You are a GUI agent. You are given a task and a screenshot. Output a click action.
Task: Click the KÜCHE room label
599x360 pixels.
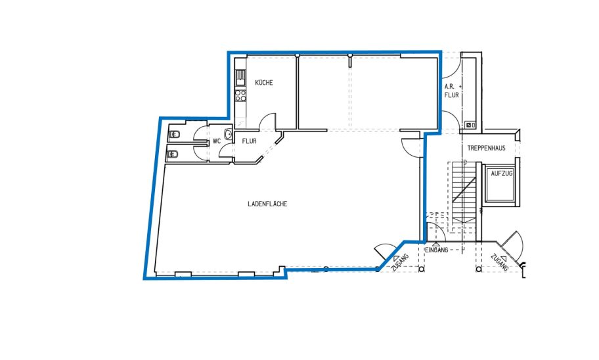pyautogui.click(x=264, y=83)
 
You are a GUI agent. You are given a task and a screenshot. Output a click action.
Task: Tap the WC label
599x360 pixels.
pyautogui.click(x=217, y=141)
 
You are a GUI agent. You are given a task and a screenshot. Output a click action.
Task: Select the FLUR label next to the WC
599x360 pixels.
pyautogui.click(x=250, y=141)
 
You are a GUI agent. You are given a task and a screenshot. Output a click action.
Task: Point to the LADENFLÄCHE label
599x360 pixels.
pyautogui.click(x=267, y=204)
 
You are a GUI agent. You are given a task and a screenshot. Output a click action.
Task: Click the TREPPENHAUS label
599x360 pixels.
pyautogui.click(x=486, y=148)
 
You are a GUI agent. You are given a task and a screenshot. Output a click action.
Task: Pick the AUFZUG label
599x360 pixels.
pyautogui.click(x=502, y=173)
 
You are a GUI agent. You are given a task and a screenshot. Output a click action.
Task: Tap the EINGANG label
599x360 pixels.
pyautogui.click(x=437, y=250)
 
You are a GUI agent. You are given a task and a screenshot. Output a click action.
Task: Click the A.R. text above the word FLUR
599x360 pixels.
pyautogui.click(x=449, y=87)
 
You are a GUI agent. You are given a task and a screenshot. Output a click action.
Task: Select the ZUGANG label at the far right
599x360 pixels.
pyautogui.click(x=500, y=263)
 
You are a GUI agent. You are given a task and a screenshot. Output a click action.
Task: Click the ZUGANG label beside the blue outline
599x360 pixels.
pyautogui.click(x=400, y=263)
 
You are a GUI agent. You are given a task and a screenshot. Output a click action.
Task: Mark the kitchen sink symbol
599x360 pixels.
pyautogui.click(x=240, y=78)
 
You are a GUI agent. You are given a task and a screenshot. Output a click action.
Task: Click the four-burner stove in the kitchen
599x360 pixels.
pyautogui.click(x=240, y=95)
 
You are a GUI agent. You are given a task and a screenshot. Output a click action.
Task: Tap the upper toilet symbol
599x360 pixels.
pyautogui.click(x=175, y=134)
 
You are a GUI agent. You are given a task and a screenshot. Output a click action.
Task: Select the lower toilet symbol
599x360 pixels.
pyautogui.click(x=173, y=154)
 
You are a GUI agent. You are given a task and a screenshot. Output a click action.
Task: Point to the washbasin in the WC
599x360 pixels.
pyautogui.click(x=229, y=134)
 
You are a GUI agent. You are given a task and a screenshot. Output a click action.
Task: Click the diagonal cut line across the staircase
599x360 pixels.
pyautogui.click(x=464, y=189)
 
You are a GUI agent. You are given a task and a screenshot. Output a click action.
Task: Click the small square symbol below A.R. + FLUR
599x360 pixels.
pyautogui.click(x=468, y=125)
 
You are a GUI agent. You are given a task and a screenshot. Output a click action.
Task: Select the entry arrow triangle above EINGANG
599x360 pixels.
pyautogui.click(x=436, y=244)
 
